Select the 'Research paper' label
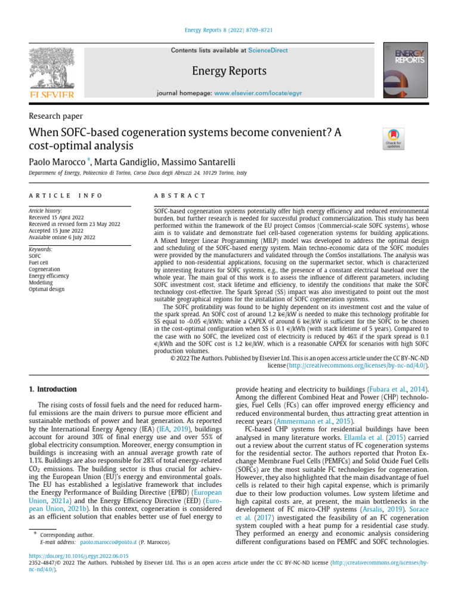coord(56,116)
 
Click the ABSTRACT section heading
coord(180,196)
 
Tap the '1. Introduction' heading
coord(53,389)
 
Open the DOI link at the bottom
coord(79,556)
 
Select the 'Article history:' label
coord(45,211)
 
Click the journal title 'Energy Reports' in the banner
coord(229,71)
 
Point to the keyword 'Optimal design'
coord(46,289)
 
